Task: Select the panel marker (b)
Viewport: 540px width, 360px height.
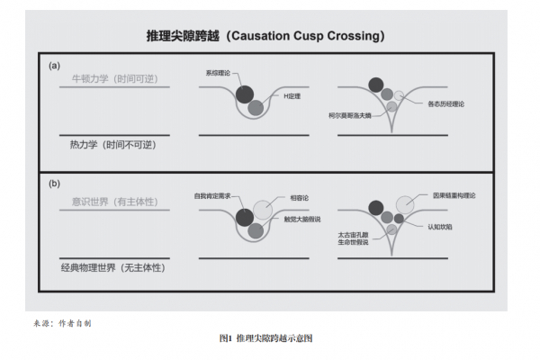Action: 56,184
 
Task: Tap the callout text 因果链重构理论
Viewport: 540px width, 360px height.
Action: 456,194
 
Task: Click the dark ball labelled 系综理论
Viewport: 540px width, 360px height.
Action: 244,93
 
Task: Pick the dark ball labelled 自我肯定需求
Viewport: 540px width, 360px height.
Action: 244,216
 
